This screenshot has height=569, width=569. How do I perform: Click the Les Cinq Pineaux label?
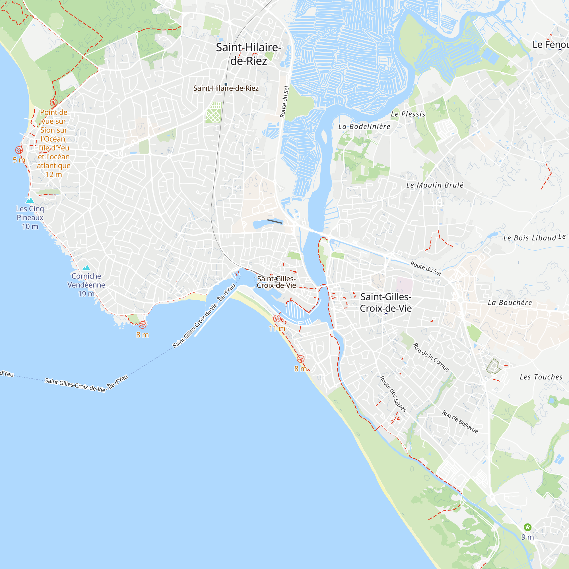30,217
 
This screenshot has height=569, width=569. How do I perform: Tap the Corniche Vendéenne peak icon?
86,268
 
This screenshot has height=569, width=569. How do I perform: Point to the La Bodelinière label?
364,126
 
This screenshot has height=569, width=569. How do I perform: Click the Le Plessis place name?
408,114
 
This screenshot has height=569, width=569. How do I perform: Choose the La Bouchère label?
510,302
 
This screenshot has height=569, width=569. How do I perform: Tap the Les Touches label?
541,377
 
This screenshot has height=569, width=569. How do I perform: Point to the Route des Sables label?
393,393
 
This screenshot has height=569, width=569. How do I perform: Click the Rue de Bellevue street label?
460,422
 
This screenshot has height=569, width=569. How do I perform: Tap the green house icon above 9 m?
527,527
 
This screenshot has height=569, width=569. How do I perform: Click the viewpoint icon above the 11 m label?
277,318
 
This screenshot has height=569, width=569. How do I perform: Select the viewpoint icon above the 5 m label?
19,150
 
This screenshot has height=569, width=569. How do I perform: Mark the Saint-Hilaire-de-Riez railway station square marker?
226,84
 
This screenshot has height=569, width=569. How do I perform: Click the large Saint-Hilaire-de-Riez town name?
248,54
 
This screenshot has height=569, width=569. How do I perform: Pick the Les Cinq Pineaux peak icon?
30,201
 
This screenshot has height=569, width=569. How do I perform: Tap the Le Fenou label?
550,44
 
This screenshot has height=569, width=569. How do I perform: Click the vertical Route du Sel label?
284,102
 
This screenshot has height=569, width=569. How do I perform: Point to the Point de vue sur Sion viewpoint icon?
53,102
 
